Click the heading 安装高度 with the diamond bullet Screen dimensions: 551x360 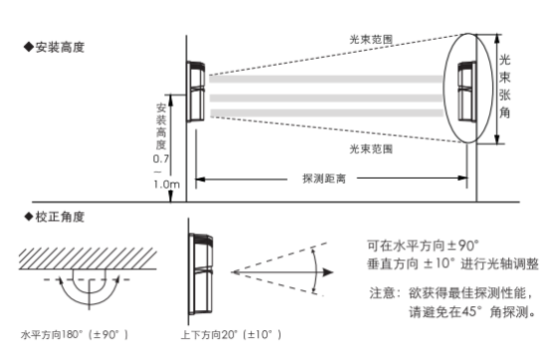pos(55,47)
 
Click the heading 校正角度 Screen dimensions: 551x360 pos(55,217)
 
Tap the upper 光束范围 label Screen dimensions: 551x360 pos(371,40)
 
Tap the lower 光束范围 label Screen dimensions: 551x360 pos(371,149)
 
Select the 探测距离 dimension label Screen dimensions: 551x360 pos(324,179)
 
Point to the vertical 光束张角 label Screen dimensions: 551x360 pos(505,87)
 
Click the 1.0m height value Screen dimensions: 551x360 pos(166,184)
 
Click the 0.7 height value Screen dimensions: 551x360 pos(160,159)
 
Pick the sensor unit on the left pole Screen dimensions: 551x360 pos(195,91)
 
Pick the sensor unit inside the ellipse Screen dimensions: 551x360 pos(466,91)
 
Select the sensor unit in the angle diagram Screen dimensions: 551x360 pos(201,273)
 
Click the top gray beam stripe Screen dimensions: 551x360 pos(326,79)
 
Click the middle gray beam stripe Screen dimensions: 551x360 pos(326,98)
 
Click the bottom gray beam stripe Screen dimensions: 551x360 pos(326,113)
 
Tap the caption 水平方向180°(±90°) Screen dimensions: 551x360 pos(75,334)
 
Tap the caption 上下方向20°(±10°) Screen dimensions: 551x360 pos(231,334)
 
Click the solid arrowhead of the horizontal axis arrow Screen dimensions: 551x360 pos(328,272)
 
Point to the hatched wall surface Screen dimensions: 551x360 pos(88,259)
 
